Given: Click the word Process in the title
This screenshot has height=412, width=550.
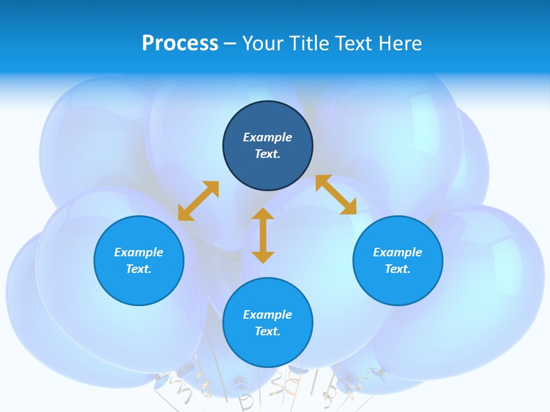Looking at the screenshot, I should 180,43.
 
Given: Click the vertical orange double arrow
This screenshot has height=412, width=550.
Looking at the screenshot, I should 263,236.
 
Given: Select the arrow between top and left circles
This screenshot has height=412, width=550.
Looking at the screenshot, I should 198,201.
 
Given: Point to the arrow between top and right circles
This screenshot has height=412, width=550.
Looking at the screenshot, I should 336,195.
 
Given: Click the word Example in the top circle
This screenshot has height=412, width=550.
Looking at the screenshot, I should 268,137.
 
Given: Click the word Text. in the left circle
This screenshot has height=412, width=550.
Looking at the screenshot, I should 139,269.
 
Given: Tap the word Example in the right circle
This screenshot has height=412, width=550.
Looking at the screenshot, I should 398,252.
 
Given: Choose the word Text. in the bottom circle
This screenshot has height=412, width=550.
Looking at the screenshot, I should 268,331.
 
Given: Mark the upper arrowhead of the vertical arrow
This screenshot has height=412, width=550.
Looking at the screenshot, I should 263,215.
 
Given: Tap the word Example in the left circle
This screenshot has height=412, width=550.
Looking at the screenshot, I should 139,252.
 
